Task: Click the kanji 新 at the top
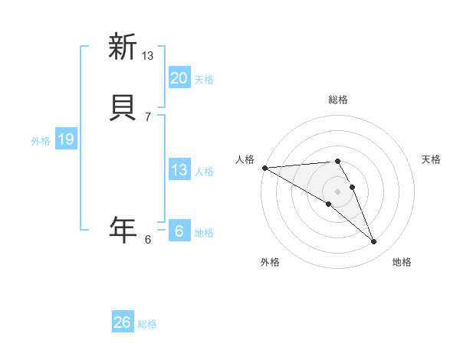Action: click(x=123, y=47)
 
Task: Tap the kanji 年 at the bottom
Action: click(x=123, y=229)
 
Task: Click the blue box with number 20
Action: click(x=179, y=78)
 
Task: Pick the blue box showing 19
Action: click(x=65, y=139)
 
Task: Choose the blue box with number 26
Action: click(x=122, y=322)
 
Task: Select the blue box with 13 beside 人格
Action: click(x=179, y=170)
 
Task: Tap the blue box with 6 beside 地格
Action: click(x=179, y=231)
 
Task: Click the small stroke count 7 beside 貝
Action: click(x=148, y=116)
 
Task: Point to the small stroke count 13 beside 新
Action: click(x=148, y=55)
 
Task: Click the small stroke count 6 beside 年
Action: click(x=148, y=239)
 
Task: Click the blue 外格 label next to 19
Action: click(x=41, y=141)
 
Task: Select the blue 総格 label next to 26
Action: click(x=147, y=324)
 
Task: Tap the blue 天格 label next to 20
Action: click(x=204, y=80)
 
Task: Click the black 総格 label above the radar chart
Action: click(x=337, y=100)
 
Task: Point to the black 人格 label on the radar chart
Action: click(x=245, y=159)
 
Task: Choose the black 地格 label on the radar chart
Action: click(x=402, y=262)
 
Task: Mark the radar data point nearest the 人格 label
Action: click(x=264, y=168)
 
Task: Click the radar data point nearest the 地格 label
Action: click(x=373, y=242)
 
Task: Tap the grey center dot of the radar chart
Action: click(x=337, y=191)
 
